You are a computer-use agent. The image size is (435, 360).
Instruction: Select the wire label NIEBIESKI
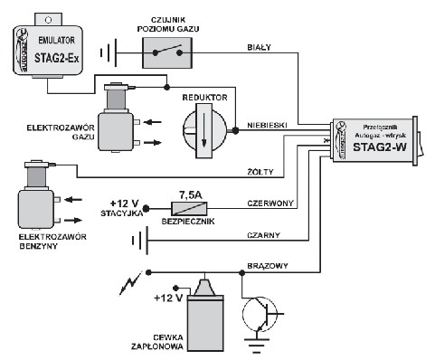click(270, 125)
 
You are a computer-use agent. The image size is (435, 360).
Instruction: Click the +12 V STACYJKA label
click(125, 207)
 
